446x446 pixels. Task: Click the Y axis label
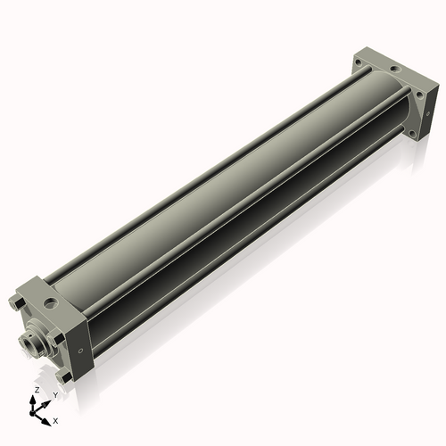[x=54, y=393]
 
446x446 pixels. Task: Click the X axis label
[x=56, y=419]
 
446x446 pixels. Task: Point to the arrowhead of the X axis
[x=47, y=417]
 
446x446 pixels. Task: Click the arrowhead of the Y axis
[x=46, y=401]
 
